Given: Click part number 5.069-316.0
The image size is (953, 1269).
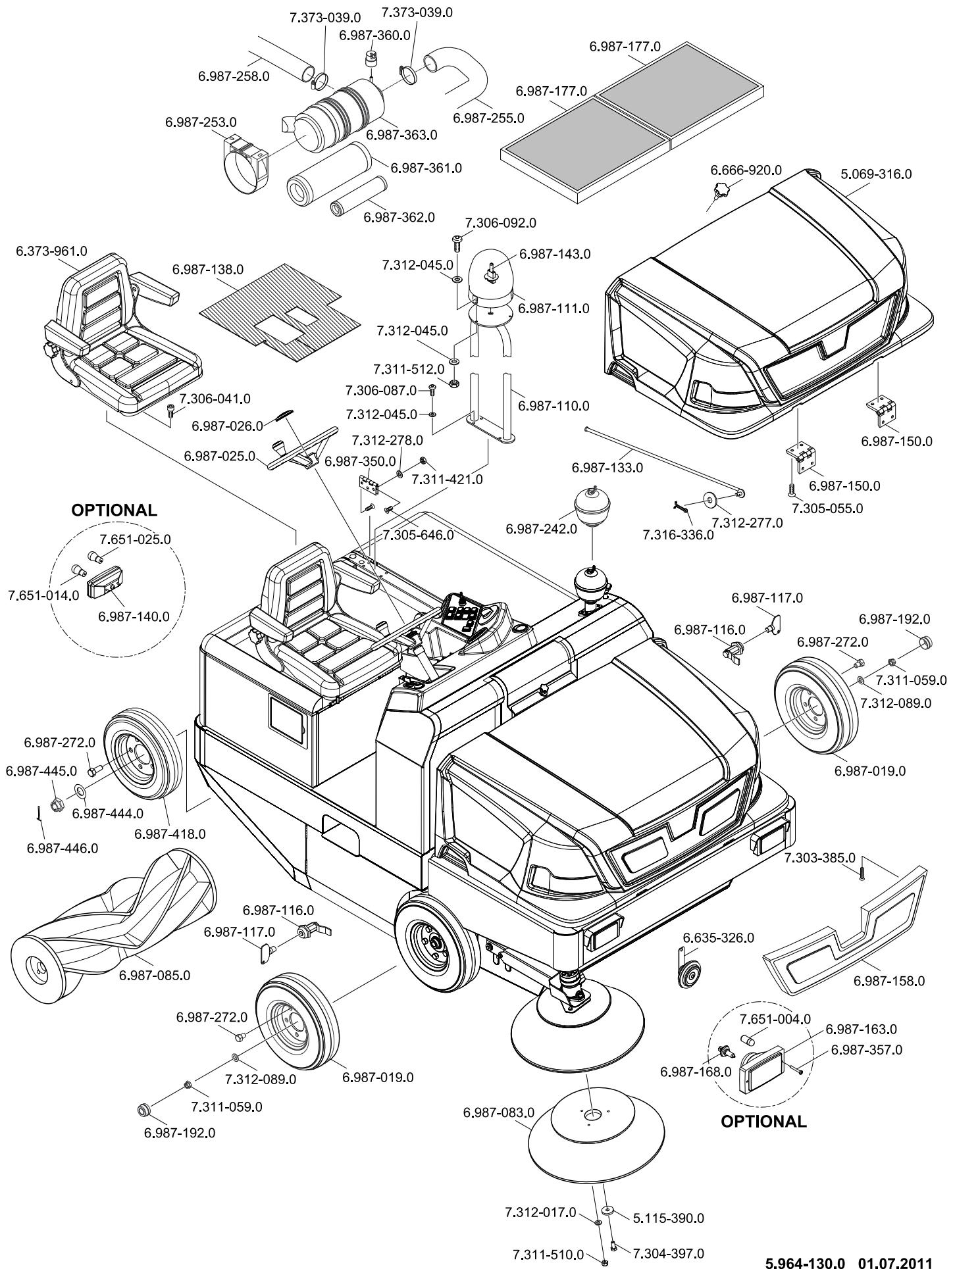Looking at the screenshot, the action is (x=876, y=174).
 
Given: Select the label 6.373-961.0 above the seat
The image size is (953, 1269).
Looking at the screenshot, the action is (x=52, y=251).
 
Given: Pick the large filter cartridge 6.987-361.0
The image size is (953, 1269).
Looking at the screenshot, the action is (x=328, y=172).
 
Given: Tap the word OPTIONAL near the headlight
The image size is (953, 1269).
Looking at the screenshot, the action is (x=763, y=1122).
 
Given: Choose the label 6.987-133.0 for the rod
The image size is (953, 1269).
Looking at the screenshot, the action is (x=607, y=468).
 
